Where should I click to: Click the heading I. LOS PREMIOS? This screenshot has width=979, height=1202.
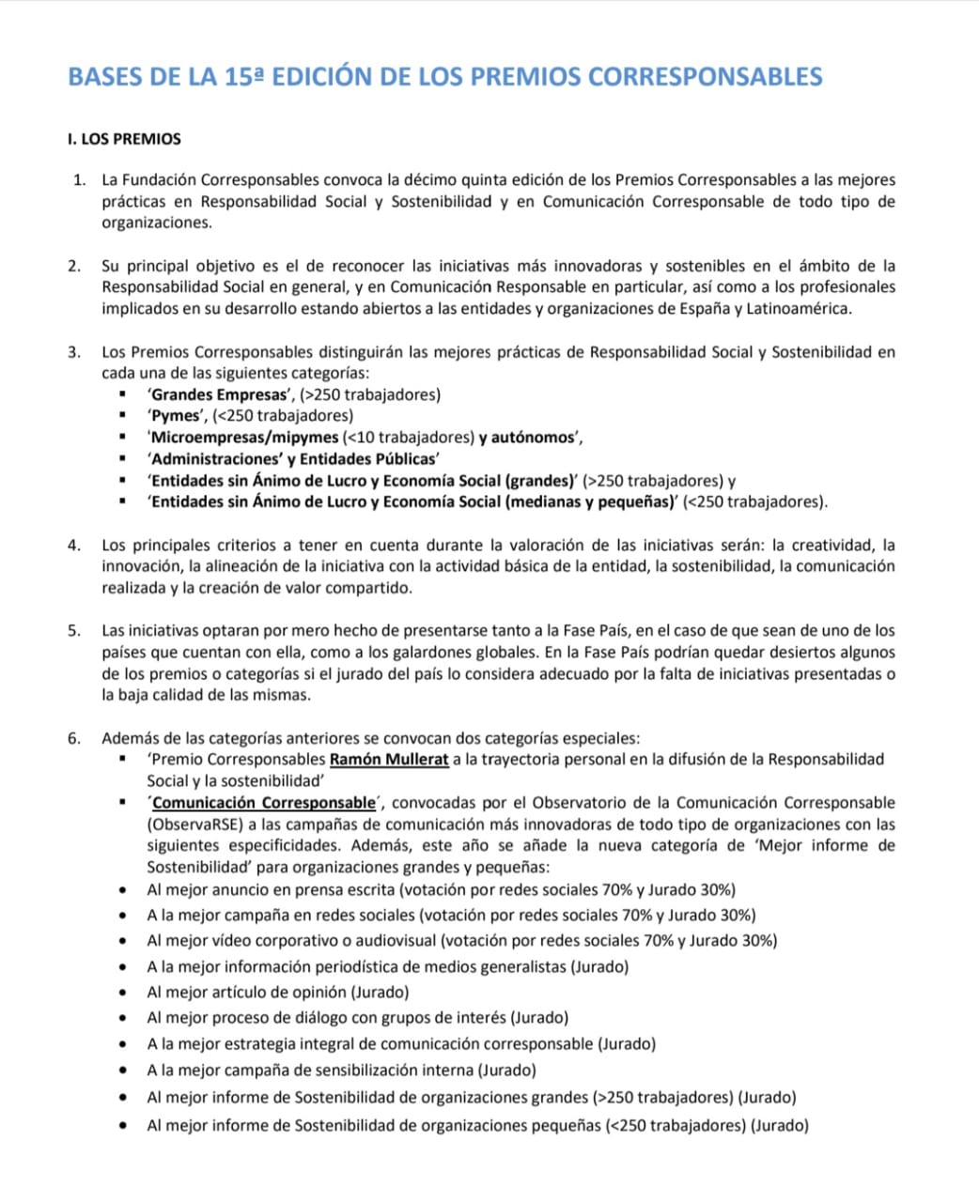coord(124,139)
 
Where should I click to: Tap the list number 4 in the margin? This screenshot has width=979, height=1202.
coord(74,546)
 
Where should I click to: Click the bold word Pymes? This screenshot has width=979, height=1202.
coord(176,416)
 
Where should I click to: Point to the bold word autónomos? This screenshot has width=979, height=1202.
coord(533,438)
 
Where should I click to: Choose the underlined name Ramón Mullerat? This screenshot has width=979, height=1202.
coord(389,759)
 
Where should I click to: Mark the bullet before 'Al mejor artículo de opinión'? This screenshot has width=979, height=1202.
coord(123,993)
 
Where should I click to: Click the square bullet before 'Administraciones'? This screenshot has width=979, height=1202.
coord(123,459)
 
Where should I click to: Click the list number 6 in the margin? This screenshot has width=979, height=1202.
coord(74,738)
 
